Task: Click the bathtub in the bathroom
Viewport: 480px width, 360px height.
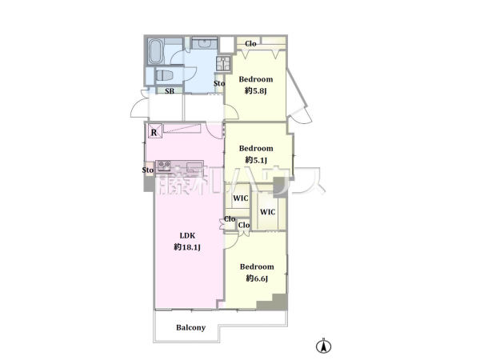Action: tap(156, 51)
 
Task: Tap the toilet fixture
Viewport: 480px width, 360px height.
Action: tap(164, 75)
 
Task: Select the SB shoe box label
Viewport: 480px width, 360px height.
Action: tap(170, 91)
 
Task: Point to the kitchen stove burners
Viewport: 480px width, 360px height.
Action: tap(164, 166)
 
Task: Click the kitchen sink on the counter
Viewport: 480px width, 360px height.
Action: tap(194, 166)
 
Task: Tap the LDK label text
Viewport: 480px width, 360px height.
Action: tap(187, 235)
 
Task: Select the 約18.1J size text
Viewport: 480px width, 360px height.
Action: tap(187, 247)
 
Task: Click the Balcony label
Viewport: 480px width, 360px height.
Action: tap(190, 327)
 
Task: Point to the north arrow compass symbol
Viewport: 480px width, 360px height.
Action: tap(323, 346)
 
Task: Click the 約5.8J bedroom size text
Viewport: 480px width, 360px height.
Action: tap(256, 90)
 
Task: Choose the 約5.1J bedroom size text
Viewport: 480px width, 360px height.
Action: tap(256, 160)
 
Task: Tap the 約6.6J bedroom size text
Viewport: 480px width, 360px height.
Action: tap(257, 278)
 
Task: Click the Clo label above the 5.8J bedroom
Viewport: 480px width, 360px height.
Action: tap(250, 44)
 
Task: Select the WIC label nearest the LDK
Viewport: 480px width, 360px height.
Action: tap(241, 198)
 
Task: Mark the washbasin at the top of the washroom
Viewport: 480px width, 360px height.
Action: tap(204, 43)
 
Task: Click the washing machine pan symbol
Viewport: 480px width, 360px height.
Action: tap(224, 64)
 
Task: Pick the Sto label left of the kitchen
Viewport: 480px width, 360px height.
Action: tap(148, 170)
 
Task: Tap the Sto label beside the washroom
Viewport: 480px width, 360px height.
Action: tap(219, 83)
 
